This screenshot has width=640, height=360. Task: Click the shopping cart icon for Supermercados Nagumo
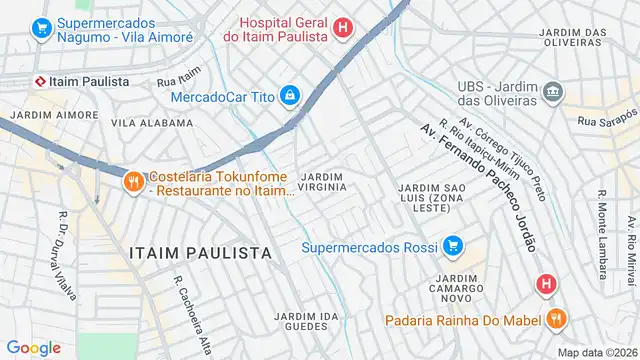coord(42,29)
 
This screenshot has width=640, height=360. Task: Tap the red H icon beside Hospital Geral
coord(343,29)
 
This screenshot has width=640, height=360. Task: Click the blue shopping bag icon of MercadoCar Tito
coord(289,96)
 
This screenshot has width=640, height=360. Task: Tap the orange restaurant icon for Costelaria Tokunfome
coord(133,182)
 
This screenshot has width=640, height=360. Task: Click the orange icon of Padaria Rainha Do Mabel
coord(555,319)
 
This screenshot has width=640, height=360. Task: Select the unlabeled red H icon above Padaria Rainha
coord(545,284)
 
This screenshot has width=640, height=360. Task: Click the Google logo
coord(33,347)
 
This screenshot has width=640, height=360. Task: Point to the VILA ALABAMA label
coord(152,123)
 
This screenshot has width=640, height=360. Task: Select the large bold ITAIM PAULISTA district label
coord(200,250)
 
